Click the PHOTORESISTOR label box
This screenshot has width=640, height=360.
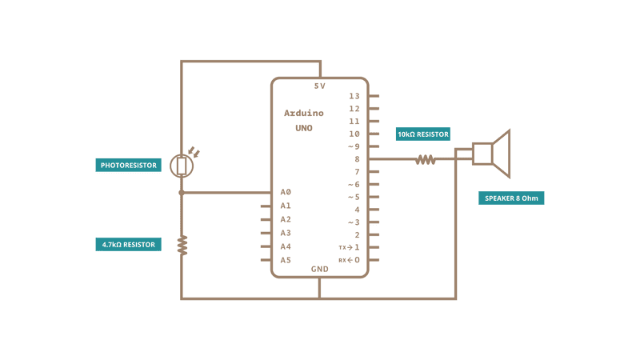(128, 166)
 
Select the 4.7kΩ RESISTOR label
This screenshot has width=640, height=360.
(128, 245)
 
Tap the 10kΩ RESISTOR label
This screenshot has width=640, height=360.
(423, 134)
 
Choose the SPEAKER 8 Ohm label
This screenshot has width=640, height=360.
(511, 198)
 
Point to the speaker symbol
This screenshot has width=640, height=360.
(491, 154)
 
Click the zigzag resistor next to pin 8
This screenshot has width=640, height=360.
(426, 159)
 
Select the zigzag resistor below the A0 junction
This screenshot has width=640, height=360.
(182, 246)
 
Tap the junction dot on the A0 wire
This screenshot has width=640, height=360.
(182, 192)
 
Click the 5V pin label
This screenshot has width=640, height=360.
(319, 86)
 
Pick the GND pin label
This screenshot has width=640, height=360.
(319, 269)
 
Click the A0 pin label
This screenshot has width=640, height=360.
(286, 192)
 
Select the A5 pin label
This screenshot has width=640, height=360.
(286, 260)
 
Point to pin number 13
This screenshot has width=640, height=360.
(354, 96)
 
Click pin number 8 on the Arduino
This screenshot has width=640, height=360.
(357, 159)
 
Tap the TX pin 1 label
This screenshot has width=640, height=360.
(349, 247)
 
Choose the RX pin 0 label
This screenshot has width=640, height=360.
(349, 260)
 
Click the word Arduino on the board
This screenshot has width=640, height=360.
(304, 113)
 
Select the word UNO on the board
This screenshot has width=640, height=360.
(304, 128)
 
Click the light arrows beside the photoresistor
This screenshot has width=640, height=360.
(194, 152)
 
